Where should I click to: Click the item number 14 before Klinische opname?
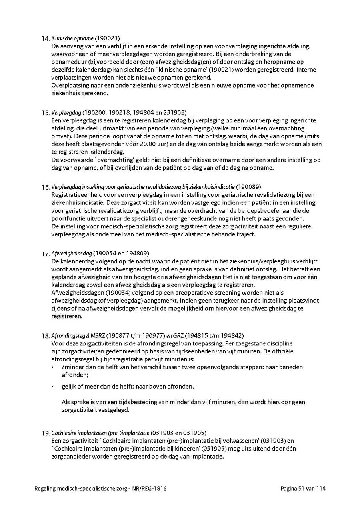click(x=46, y=39)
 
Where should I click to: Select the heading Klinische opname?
click(x=72, y=38)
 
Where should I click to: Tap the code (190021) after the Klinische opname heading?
click(x=107, y=38)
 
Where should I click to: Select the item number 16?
click(x=46, y=187)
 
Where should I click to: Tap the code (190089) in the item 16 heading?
click(x=249, y=187)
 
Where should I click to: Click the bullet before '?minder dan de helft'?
click(x=53, y=367)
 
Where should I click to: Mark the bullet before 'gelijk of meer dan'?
click(x=53, y=387)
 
